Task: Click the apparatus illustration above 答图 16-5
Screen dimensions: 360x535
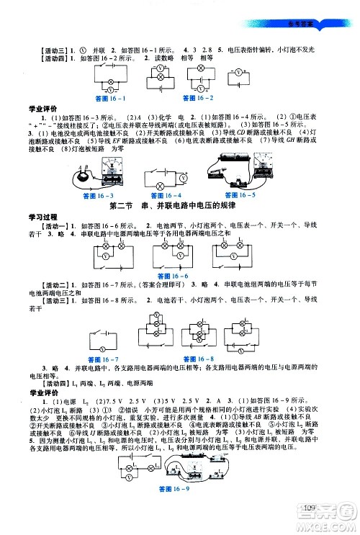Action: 236,171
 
